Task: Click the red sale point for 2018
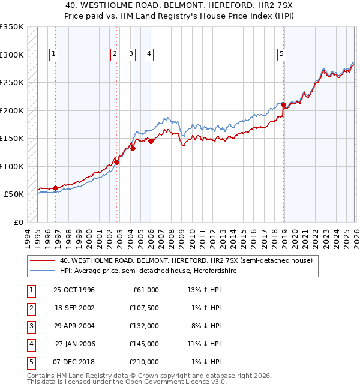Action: coord(282,105)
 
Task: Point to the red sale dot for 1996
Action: coord(56,188)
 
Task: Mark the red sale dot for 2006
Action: coord(151,141)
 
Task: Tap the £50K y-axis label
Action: coord(14,194)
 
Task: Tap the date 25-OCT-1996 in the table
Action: coord(74,290)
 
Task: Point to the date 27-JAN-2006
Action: coord(74,344)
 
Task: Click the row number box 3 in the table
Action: coord(29,326)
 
